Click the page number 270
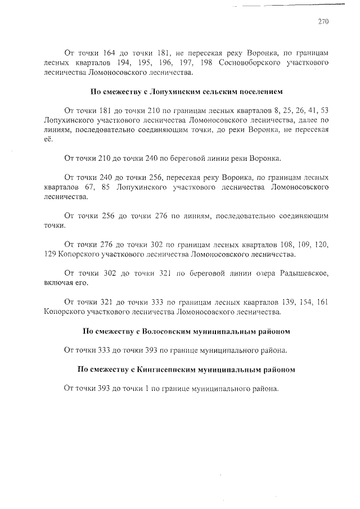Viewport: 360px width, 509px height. click(322, 22)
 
